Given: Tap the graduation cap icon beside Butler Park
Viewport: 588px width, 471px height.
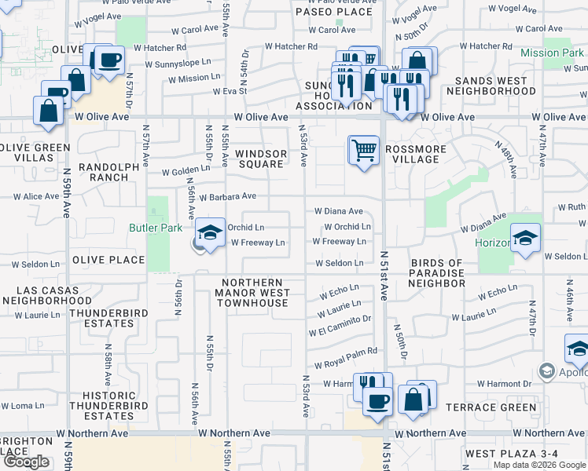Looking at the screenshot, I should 210,233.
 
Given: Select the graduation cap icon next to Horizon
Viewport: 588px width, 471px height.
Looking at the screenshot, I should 525,239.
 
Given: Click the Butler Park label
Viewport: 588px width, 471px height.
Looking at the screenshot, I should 156,228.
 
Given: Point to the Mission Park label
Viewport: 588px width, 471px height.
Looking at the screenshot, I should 552,53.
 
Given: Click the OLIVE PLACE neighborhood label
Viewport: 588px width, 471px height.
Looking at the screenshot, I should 108,260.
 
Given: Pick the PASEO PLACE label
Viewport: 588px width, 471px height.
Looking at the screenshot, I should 333,12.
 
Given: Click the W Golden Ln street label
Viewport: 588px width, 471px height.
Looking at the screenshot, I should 186,170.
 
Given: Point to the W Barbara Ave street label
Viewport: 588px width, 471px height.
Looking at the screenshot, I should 228,196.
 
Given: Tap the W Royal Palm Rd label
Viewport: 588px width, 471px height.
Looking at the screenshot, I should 346,360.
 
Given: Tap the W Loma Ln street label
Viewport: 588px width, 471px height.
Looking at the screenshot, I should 23,406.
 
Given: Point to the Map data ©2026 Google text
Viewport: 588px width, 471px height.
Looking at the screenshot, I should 540,465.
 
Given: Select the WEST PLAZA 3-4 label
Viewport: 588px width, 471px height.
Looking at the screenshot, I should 511,454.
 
